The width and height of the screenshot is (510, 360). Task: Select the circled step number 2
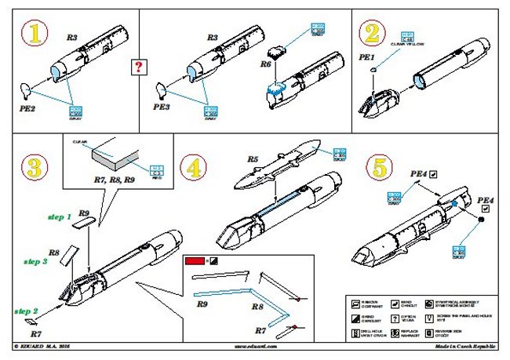click(x=372, y=34)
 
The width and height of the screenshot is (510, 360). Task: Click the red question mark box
click(x=140, y=67)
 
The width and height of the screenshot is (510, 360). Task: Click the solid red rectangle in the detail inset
click(x=193, y=261)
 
